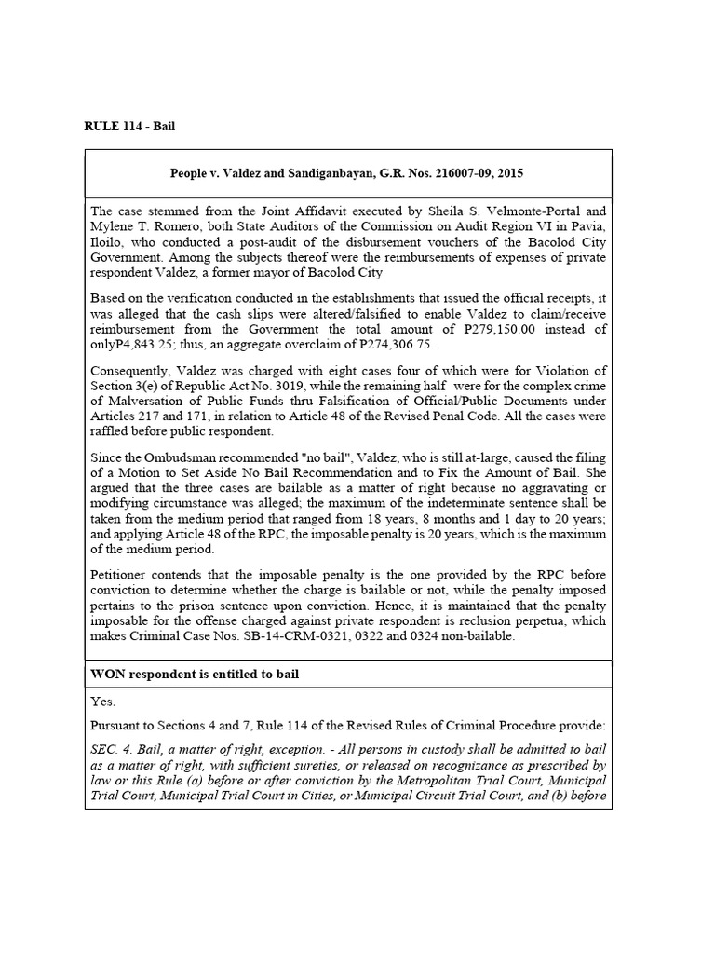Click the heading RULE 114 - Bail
(130, 126)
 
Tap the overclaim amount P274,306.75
(384, 343)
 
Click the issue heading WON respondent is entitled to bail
(195, 673)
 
